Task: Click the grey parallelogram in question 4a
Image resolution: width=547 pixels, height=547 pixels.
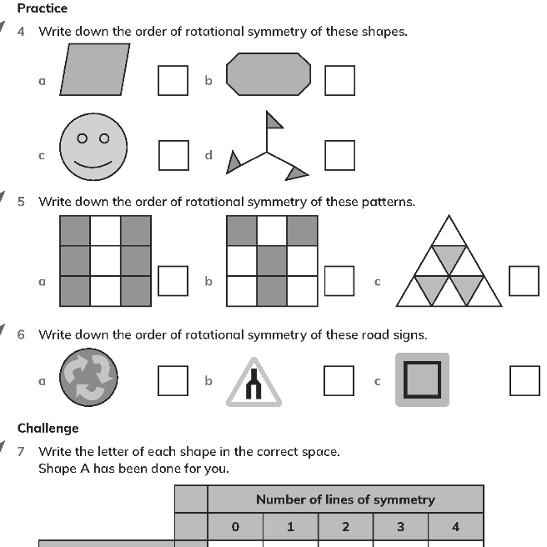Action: click(x=96, y=69)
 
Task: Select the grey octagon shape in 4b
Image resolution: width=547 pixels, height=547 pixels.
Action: click(x=268, y=73)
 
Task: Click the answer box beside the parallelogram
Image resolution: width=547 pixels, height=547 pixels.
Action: click(x=173, y=80)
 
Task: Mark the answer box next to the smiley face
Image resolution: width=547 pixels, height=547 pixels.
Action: click(x=173, y=155)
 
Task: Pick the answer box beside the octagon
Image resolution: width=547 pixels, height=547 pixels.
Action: click(x=339, y=80)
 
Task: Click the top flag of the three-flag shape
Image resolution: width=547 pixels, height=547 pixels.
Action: click(x=273, y=122)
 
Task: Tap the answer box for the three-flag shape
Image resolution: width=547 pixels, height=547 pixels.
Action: click(x=339, y=155)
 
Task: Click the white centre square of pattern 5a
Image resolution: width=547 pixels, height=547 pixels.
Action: click(x=105, y=260)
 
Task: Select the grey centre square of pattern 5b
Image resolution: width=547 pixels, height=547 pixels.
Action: click(x=272, y=260)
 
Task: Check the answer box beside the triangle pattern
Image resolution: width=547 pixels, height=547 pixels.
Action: click(x=524, y=281)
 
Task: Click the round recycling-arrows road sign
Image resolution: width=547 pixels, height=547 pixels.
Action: click(x=89, y=377)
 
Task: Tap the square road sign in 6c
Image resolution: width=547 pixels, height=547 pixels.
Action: click(x=422, y=379)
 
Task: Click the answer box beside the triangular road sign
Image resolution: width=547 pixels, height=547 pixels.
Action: click(x=339, y=380)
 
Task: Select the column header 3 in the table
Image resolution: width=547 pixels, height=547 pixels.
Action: click(x=400, y=526)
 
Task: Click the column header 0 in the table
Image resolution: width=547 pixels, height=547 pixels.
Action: click(x=235, y=526)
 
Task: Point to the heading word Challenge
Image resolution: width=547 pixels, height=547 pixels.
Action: click(x=48, y=428)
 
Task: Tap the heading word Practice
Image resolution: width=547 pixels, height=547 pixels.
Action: click(x=43, y=8)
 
